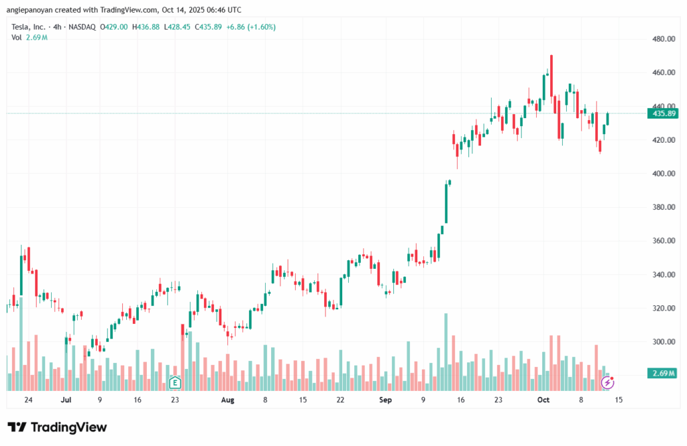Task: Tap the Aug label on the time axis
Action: (x=227, y=400)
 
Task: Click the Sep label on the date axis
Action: (x=385, y=400)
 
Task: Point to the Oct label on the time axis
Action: (x=543, y=400)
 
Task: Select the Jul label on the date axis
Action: (x=66, y=400)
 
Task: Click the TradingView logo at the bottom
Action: (x=57, y=427)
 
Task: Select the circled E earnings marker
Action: (x=175, y=383)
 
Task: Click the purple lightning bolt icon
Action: (x=608, y=382)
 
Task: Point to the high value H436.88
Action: (x=146, y=27)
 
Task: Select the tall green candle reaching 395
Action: (x=445, y=203)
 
